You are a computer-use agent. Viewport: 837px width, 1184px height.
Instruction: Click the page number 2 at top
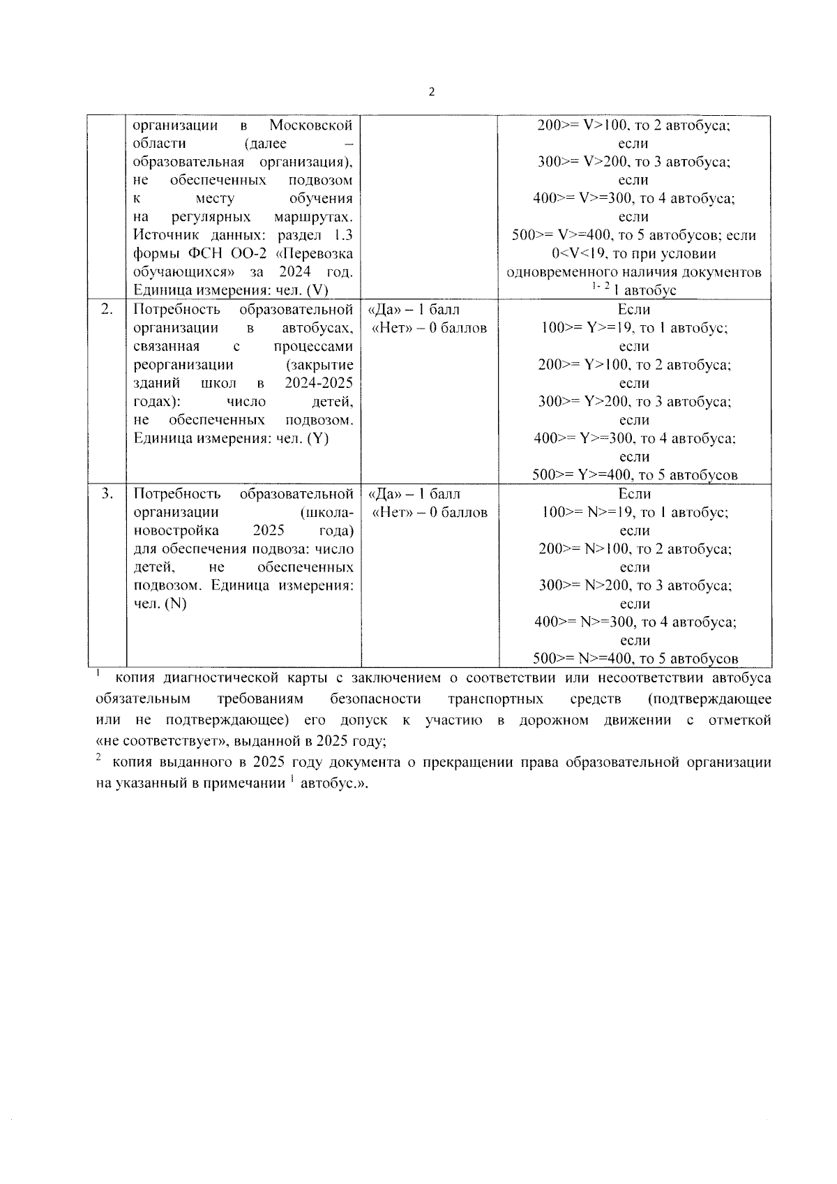[x=432, y=92]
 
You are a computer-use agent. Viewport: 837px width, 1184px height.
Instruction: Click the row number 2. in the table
[x=107, y=309]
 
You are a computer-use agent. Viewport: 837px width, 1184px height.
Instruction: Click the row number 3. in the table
[x=107, y=494]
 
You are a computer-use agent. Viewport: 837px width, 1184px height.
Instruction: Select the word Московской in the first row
[x=311, y=126]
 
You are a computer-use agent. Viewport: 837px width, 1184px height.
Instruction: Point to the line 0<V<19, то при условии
[x=633, y=254]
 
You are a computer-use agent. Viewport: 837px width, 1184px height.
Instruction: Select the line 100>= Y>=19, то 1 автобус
[x=634, y=328]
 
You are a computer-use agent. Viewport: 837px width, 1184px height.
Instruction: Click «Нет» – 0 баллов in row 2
[x=430, y=328]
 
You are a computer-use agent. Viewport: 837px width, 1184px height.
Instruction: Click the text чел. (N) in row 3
[x=160, y=604]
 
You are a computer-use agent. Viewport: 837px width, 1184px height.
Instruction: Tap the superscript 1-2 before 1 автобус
[x=600, y=287]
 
